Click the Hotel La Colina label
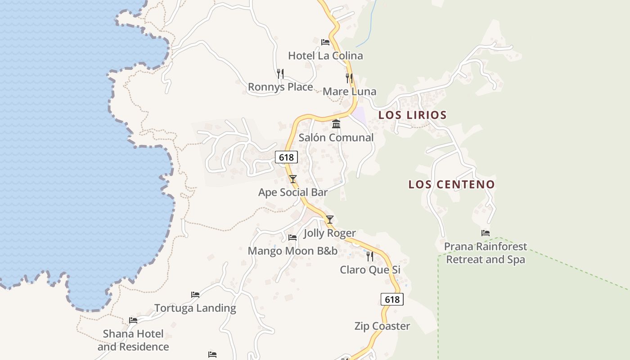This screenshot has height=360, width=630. pos(325,56)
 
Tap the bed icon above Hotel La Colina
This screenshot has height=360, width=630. pos(325,42)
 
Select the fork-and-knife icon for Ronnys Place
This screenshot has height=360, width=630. pos(280,73)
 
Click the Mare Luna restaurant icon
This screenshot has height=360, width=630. pos(349,78)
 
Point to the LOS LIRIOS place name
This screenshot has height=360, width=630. pos(412,115)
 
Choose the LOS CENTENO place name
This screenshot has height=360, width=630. pos(451,184)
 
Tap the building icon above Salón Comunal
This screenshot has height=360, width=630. pos(336,124)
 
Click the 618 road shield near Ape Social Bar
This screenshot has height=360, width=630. pos(286,157)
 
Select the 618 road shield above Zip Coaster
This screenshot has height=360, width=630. pos(392,299)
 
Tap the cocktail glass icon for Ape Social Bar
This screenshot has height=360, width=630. pos(293,179)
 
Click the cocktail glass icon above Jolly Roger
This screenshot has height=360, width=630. pos(330,220)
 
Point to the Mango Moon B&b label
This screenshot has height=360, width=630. pos(292,251)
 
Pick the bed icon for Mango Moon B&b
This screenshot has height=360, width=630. pos(292,237)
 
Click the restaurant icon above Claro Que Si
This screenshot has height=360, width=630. pos(370,256)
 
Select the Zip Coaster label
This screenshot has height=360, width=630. pos(382,326)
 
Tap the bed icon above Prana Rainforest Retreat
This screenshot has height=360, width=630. pos(485,233)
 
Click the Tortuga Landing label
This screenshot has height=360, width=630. pos(195,308)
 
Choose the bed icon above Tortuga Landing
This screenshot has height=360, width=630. pos(195,295)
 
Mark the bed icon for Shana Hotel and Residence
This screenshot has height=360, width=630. pos(133,320)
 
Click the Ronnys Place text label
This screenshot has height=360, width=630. pos(280,87)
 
